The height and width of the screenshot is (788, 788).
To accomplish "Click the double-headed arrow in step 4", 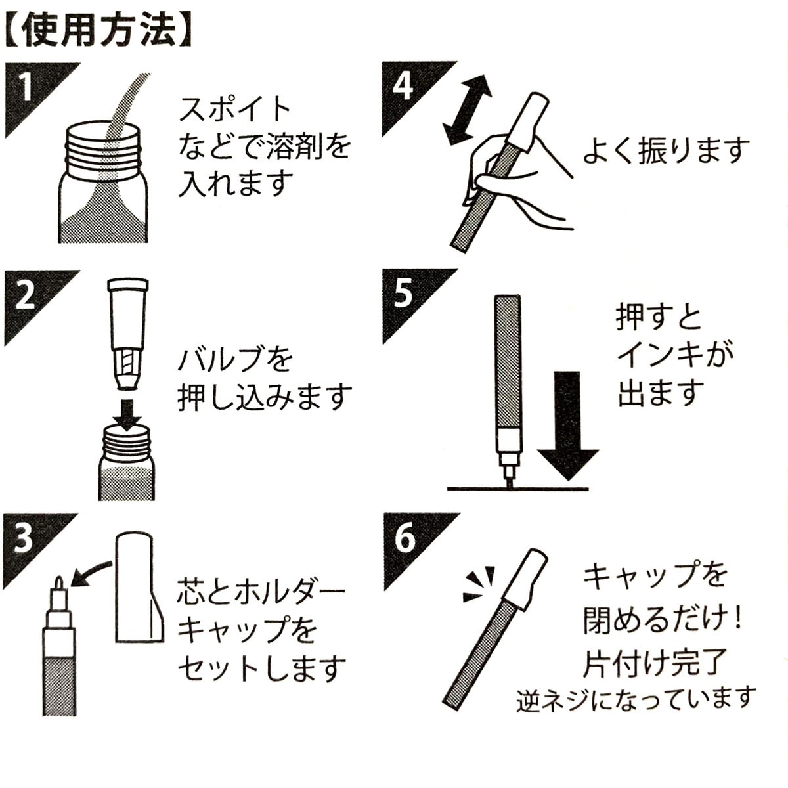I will (467, 110).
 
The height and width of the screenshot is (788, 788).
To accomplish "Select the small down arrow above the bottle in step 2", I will (127, 410).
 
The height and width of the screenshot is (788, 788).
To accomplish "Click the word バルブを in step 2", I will (235, 359).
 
